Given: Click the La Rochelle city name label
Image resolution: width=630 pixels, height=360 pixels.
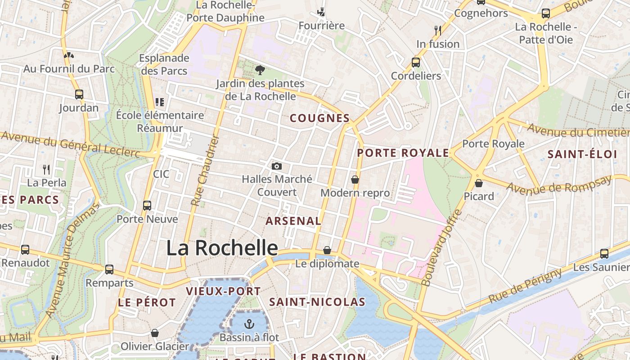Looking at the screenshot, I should [222, 248].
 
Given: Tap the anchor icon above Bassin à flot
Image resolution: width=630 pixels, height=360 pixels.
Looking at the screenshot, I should [249, 324].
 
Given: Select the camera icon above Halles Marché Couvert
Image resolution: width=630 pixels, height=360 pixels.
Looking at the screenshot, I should [277, 166].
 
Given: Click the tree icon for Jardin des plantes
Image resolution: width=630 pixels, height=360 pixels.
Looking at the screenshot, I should [260, 70].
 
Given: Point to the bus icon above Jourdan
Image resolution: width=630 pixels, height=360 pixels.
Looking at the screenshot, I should [79, 94].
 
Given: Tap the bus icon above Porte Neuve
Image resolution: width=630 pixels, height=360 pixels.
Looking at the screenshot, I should [147, 206].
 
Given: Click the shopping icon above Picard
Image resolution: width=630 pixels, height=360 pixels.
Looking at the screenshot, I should [479, 183].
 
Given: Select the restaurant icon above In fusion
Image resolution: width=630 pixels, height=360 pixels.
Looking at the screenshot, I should [437, 30].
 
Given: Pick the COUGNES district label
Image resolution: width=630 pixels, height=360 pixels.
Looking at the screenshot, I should [319, 118].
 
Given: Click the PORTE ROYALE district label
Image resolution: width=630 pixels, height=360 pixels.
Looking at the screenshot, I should [403, 153].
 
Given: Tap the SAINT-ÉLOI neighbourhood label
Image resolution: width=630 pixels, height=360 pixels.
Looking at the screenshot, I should [582, 154].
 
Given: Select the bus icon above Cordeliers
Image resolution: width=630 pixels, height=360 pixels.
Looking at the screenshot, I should [416, 62].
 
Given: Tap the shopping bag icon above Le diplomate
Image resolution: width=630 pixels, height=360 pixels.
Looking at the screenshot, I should [327, 250].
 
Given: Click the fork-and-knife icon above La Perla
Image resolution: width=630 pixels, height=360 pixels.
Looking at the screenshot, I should [46, 169].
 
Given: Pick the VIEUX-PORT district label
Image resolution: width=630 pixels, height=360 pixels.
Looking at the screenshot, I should [223, 291].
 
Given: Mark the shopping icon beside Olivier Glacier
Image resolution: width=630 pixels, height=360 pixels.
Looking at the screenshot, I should [155, 333].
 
